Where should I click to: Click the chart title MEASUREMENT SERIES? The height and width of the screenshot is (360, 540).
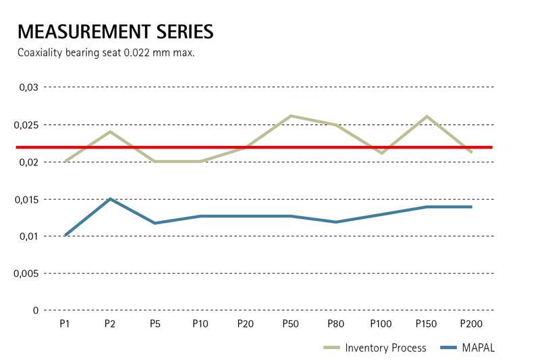coord(115,31)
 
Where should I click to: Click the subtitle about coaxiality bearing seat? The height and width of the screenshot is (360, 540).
coord(106,53)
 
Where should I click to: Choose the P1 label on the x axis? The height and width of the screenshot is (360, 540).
coord(65,324)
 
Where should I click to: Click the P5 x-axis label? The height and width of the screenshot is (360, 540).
coord(155,324)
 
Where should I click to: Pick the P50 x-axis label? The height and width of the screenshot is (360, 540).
coord(291,324)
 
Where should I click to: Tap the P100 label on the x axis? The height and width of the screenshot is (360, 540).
coord(381,324)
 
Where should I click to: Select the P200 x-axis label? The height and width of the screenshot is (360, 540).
coord(471,324)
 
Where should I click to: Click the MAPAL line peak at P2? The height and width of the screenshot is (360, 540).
coord(110,199)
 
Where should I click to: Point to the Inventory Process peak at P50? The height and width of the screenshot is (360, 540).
coord(291,116)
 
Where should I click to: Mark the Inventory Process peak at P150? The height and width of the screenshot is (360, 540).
coord(427,117)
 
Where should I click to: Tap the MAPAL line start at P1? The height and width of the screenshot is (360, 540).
coord(65,235)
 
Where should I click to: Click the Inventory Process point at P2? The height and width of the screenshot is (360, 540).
coord(110,132)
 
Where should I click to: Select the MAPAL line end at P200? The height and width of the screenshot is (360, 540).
coord(470,207)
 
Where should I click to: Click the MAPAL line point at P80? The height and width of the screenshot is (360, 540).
coord(336,222)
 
